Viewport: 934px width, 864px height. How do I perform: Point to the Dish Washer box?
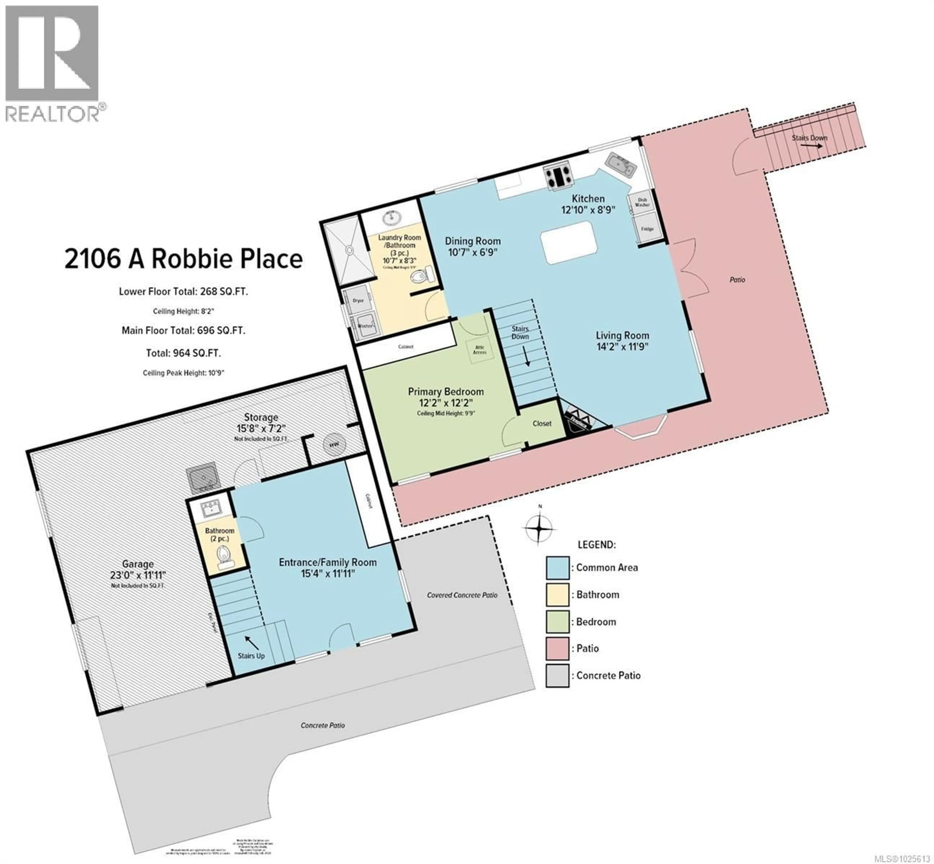[642, 202]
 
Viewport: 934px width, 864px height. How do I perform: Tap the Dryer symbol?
[358, 301]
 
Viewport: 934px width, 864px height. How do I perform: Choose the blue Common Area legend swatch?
[557, 568]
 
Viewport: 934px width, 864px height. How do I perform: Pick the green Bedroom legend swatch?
[557, 622]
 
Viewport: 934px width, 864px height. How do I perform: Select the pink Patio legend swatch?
[557, 648]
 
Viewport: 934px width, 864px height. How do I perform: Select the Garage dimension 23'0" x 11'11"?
[138, 575]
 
